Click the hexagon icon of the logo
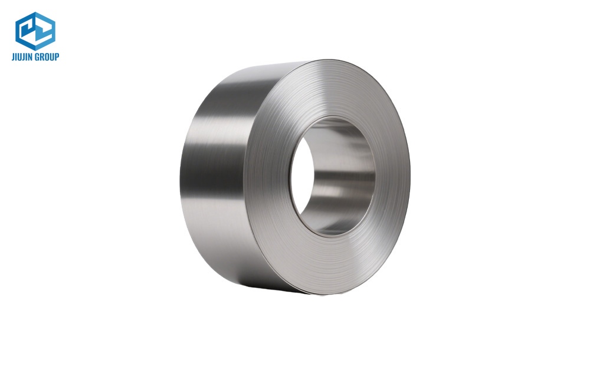click(x=35, y=31)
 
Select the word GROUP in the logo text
click(x=47, y=57)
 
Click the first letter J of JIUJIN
click(x=13, y=57)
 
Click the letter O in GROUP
click(x=47, y=57)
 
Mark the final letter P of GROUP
click(x=57, y=57)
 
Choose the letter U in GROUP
click(x=52, y=57)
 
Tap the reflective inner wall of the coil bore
click(x=348, y=177)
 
